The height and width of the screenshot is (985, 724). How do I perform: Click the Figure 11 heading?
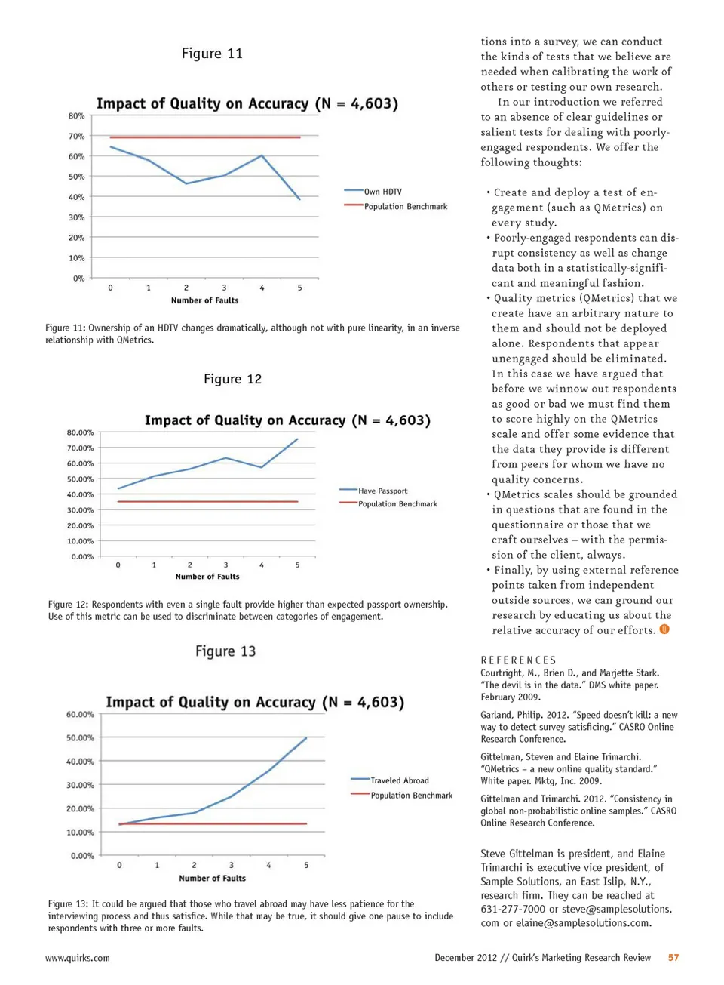click(212, 54)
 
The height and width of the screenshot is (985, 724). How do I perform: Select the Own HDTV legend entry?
click(382, 192)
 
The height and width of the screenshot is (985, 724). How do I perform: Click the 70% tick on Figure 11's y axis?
click(76, 137)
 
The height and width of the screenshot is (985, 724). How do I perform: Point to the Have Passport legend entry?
click(382, 491)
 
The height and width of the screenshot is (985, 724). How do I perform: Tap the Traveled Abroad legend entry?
click(399, 780)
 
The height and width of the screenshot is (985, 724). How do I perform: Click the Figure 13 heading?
click(225, 651)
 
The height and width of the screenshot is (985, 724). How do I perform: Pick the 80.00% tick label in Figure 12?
click(80, 432)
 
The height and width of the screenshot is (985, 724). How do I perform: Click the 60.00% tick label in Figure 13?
click(80, 714)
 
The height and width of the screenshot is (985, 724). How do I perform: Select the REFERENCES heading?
click(518, 660)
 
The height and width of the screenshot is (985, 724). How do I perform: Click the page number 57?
click(673, 958)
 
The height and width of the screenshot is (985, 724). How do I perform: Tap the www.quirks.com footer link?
click(78, 958)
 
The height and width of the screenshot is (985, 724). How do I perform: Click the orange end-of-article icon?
click(664, 629)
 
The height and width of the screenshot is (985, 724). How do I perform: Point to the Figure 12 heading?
click(232, 379)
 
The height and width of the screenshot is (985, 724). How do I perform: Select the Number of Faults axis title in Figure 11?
click(204, 300)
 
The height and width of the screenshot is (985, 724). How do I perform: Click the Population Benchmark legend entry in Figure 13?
click(411, 796)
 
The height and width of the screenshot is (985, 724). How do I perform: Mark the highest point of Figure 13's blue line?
click(306, 738)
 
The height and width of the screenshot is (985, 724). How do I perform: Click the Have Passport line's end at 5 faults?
click(298, 439)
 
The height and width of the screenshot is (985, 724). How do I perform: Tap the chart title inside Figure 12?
click(287, 420)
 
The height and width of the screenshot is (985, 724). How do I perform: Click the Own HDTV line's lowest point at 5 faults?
click(300, 199)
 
